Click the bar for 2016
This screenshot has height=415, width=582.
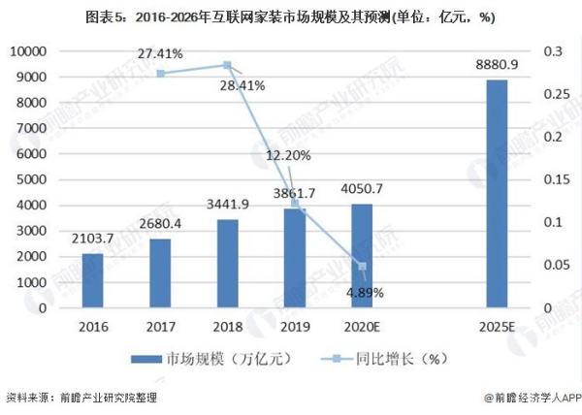92,281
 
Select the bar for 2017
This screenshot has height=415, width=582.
160,273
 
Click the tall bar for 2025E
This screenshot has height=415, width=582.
496,194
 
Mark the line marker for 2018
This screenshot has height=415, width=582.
227,65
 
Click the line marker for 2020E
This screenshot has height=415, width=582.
362,266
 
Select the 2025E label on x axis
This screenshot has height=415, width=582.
496,327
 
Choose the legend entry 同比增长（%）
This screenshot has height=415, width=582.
373,359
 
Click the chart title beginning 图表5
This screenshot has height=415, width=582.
290,16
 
